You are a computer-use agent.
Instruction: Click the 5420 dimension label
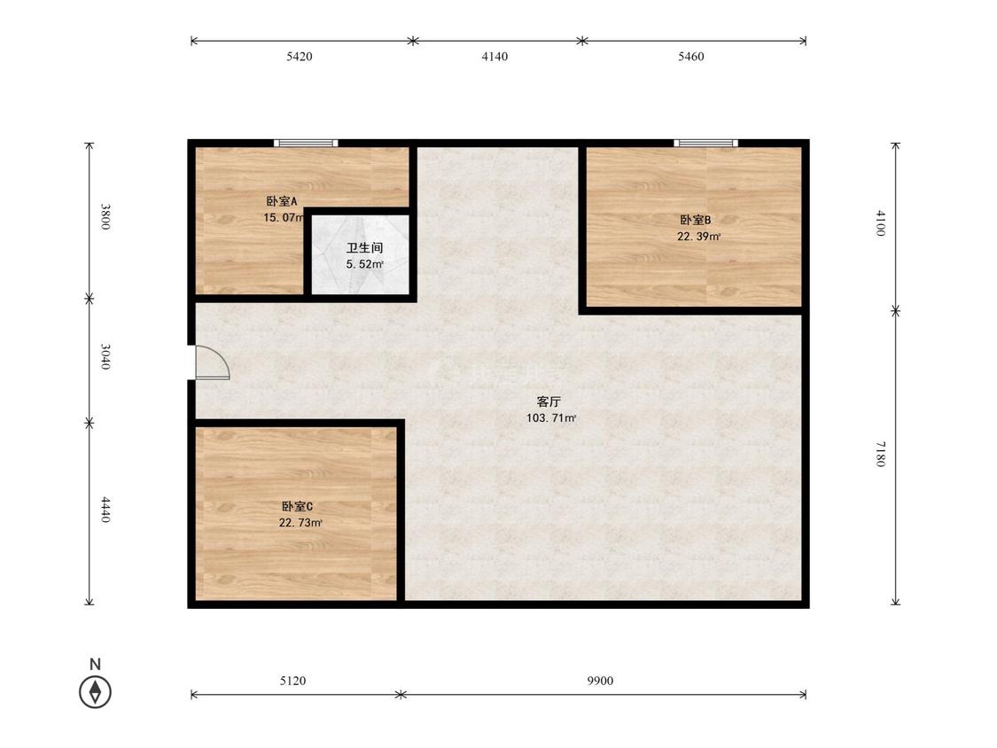pos(299,57)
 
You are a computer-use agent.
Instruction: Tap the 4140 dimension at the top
pos(495,57)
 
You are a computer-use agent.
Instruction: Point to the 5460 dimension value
pos(690,57)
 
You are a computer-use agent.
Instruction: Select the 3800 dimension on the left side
pos(105,217)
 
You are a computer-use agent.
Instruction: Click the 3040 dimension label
pos(105,357)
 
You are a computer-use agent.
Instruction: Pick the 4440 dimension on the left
pos(105,510)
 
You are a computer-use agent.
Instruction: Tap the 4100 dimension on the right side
pos(881,223)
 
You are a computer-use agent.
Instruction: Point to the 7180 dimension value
pos(881,454)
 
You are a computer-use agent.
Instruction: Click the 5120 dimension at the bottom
pos(292,682)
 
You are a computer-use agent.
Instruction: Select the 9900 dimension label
pos(600,682)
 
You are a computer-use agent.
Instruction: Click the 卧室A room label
pos(282,202)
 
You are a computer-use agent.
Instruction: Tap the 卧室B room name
pos(696,220)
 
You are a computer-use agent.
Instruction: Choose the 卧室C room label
pos(297,507)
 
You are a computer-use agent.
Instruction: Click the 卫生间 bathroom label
pos(364,248)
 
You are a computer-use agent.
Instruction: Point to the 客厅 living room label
pos(549,402)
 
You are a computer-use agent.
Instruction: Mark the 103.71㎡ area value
pos(551,418)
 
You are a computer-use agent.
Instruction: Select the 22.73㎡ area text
pos(300,524)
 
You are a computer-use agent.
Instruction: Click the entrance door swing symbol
pos(211,362)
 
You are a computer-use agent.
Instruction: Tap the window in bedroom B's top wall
pos(705,143)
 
